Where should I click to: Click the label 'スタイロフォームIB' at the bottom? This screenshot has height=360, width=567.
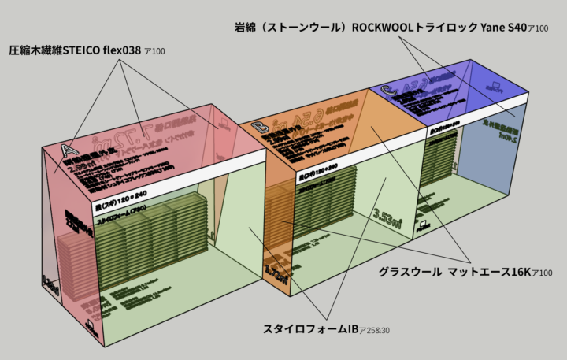click(309, 328)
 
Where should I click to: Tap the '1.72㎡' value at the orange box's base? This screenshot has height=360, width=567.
click(276, 270)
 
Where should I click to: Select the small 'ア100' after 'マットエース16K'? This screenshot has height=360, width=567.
click(542, 273)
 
